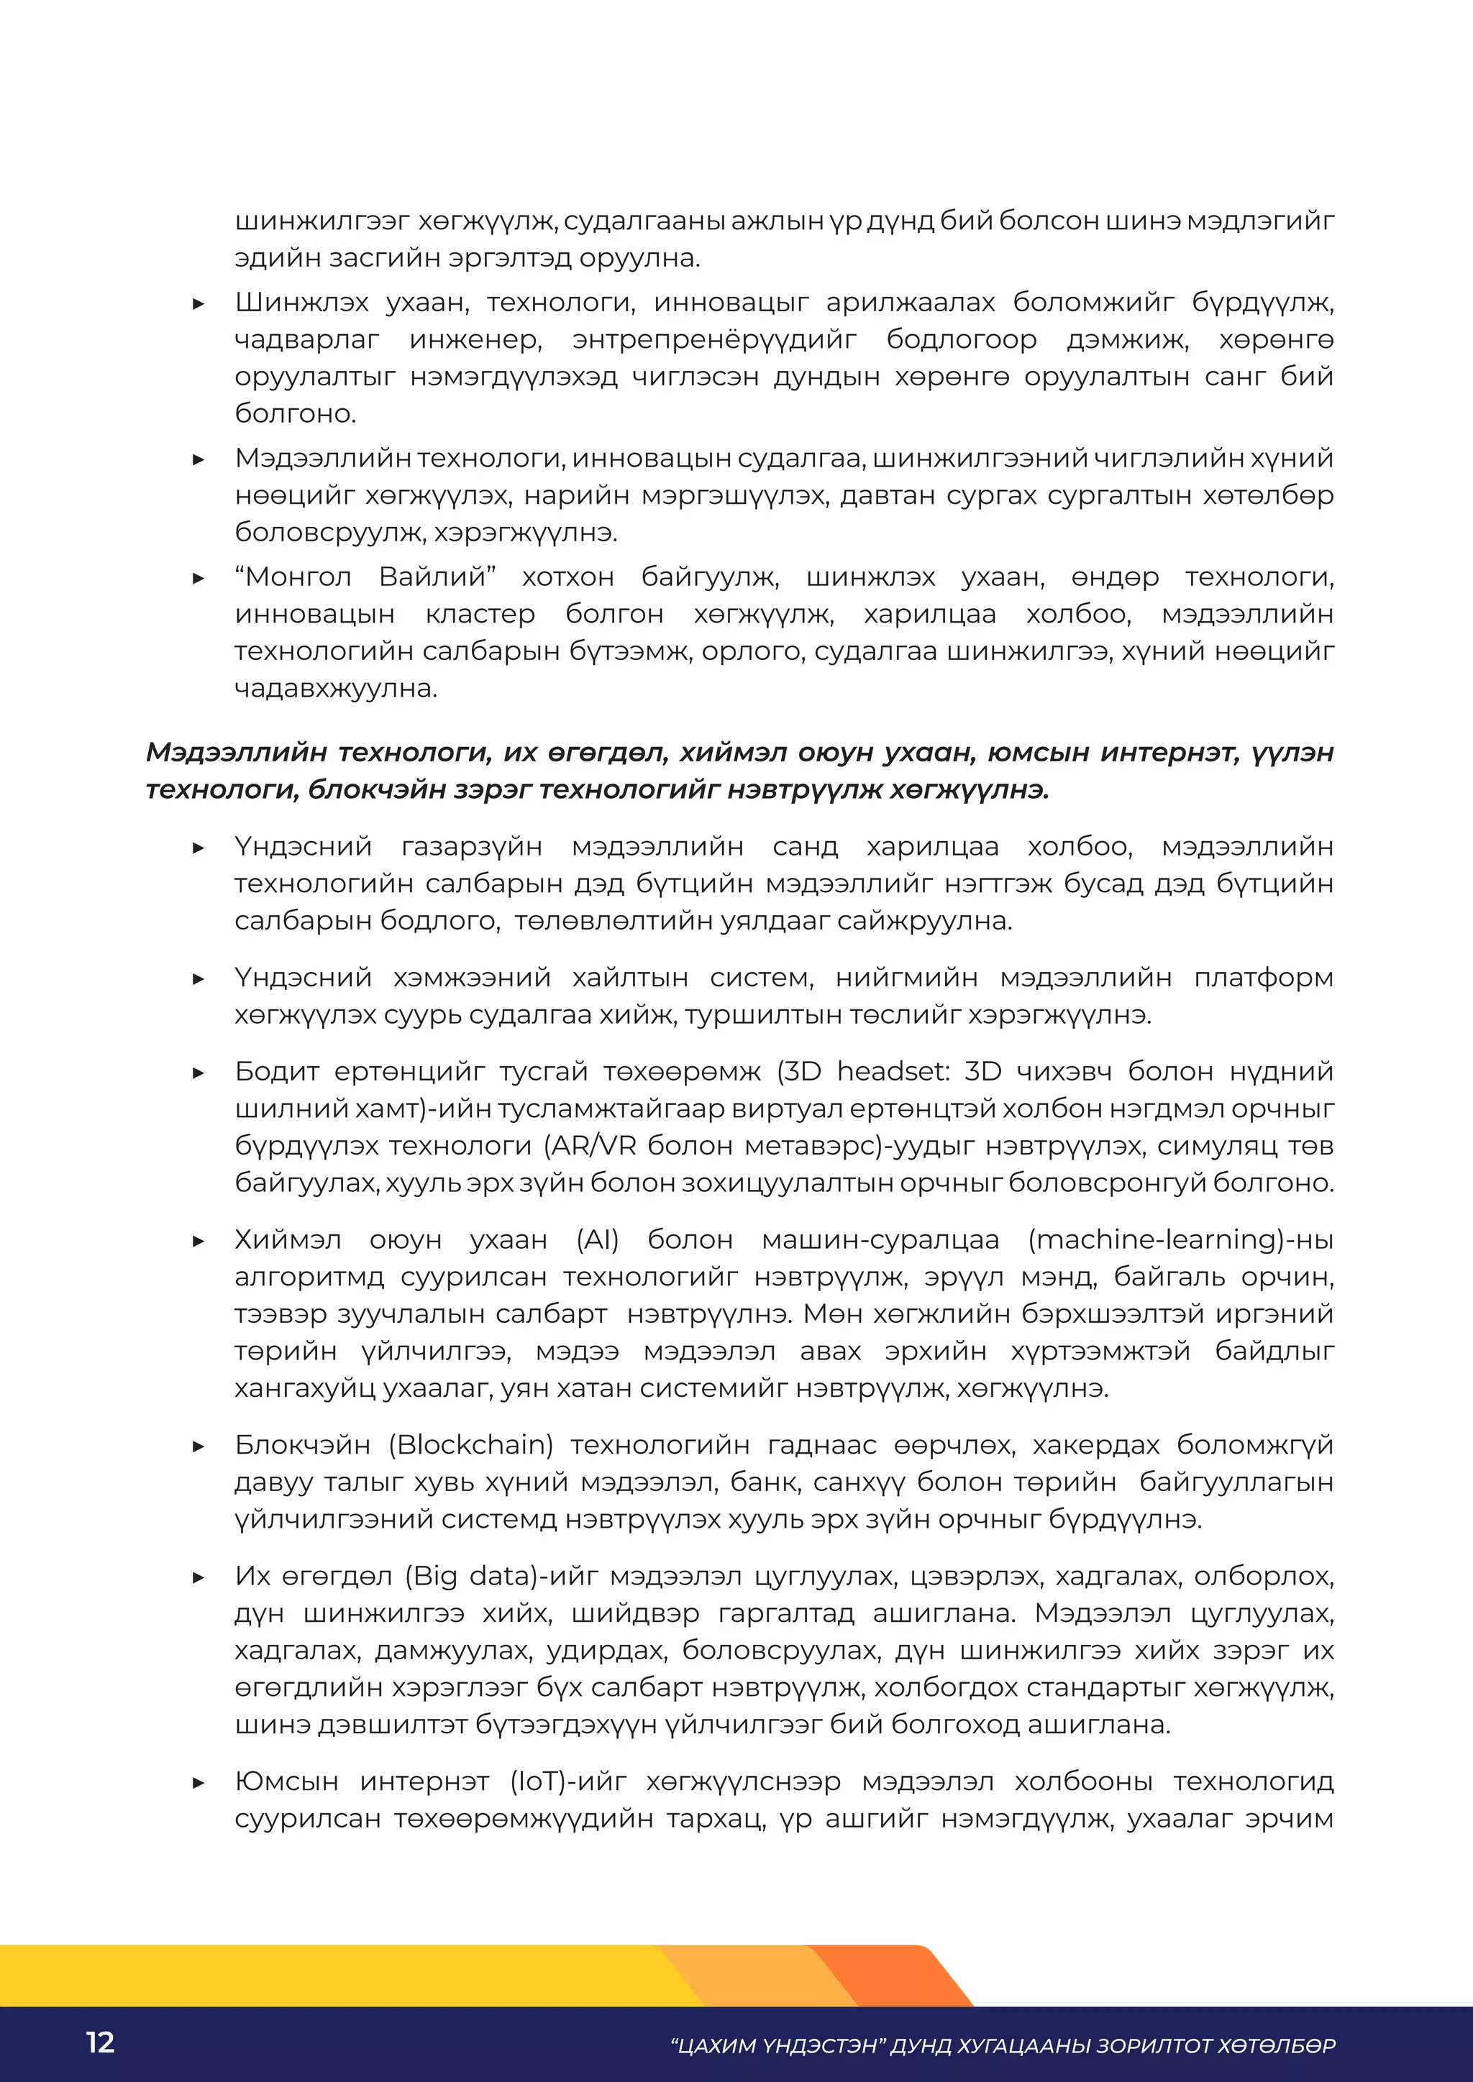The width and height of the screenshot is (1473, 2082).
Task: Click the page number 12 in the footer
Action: (x=100, y=2041)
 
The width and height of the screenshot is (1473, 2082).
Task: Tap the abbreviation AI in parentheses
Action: (x=597, y=1239)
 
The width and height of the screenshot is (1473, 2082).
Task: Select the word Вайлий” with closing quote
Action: (x=437, y=577)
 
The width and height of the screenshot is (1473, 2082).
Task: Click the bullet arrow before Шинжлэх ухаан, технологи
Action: (x=199, y=304)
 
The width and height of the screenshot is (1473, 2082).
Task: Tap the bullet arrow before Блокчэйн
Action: (x=199, y=1446)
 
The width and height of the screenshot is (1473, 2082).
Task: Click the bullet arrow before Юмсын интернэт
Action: (x=199, y=1783)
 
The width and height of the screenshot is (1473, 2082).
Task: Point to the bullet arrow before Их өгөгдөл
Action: (x=199, y=1578)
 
